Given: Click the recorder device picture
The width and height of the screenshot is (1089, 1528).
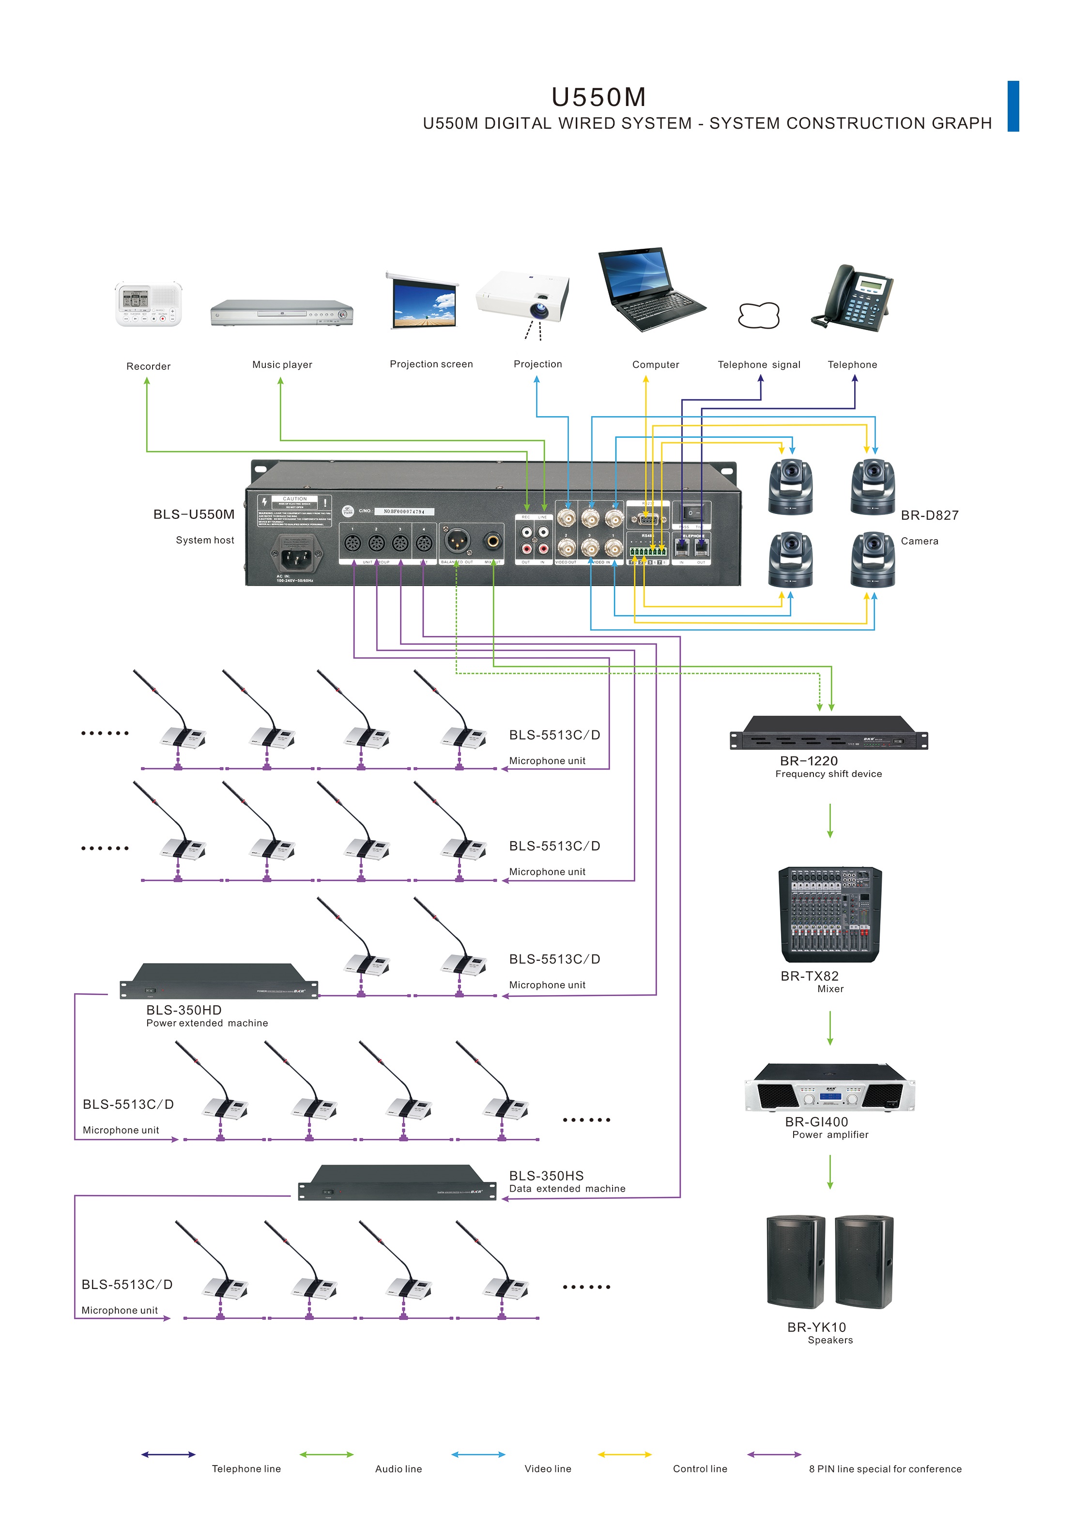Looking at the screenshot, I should pyautogui.click(x=148, y=305).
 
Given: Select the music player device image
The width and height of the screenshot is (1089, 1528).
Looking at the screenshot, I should pyautogui.click(x=282, y=313).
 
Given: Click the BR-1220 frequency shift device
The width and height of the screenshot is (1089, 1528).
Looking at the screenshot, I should pyautogui.click(x=829, y=733).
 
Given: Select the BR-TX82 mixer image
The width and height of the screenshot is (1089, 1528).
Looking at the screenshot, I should pyautogui.click(x=829, y=914).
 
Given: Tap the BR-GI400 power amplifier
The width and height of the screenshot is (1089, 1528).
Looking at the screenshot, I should pyautogui.click(x=829, y=1087).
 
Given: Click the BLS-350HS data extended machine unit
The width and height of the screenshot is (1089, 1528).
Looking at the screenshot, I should pyautogui.click(x=397, y=1183).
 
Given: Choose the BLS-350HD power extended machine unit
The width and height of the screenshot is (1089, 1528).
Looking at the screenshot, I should pyautogui.click(x=218, y=982).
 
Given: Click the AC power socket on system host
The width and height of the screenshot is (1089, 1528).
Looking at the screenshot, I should pyautogui.click(x=293, y=556).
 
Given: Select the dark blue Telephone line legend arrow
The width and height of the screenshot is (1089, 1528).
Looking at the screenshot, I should pyautogui.click(x=169, y=1454).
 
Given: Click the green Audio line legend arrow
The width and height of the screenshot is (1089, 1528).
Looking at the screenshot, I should pyautogui.click(x=326, y=1454).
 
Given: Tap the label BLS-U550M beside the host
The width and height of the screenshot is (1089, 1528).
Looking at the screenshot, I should pyautogui.click(x=194, y=514).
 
